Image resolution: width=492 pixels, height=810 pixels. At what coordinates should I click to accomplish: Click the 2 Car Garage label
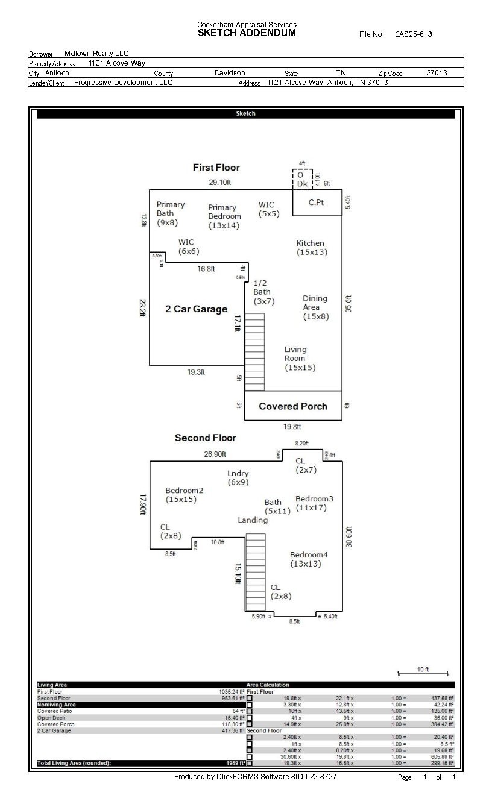tap(197, 309)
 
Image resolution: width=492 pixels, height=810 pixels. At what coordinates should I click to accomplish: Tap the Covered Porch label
tap(293, 406)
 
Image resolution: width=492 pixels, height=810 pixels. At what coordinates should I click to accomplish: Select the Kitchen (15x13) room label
tap(312, 248)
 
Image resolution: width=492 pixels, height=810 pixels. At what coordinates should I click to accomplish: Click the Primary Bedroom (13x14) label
tap(224, 216)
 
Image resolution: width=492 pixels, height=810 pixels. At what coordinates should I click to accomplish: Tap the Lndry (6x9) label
tap(238, 478)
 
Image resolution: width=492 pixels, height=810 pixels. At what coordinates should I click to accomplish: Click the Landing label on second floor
tap(253, 520)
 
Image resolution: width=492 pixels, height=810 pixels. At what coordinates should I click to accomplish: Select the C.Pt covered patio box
tap(317, 202)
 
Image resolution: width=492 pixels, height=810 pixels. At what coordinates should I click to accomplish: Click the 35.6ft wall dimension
tap(349, 303)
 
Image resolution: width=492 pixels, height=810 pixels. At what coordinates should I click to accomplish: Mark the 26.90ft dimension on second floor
tap(215, 454)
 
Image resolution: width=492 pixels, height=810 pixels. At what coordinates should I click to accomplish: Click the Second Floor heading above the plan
tap(205, 438)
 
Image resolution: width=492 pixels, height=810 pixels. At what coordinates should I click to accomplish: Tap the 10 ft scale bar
tap(423, 672)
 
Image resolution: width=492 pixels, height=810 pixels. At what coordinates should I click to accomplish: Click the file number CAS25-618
tap(413, 34)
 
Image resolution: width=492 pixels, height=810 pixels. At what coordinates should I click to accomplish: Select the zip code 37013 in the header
tap(437, 73)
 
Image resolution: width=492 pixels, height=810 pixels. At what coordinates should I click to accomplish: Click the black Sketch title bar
tap(245, 114)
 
